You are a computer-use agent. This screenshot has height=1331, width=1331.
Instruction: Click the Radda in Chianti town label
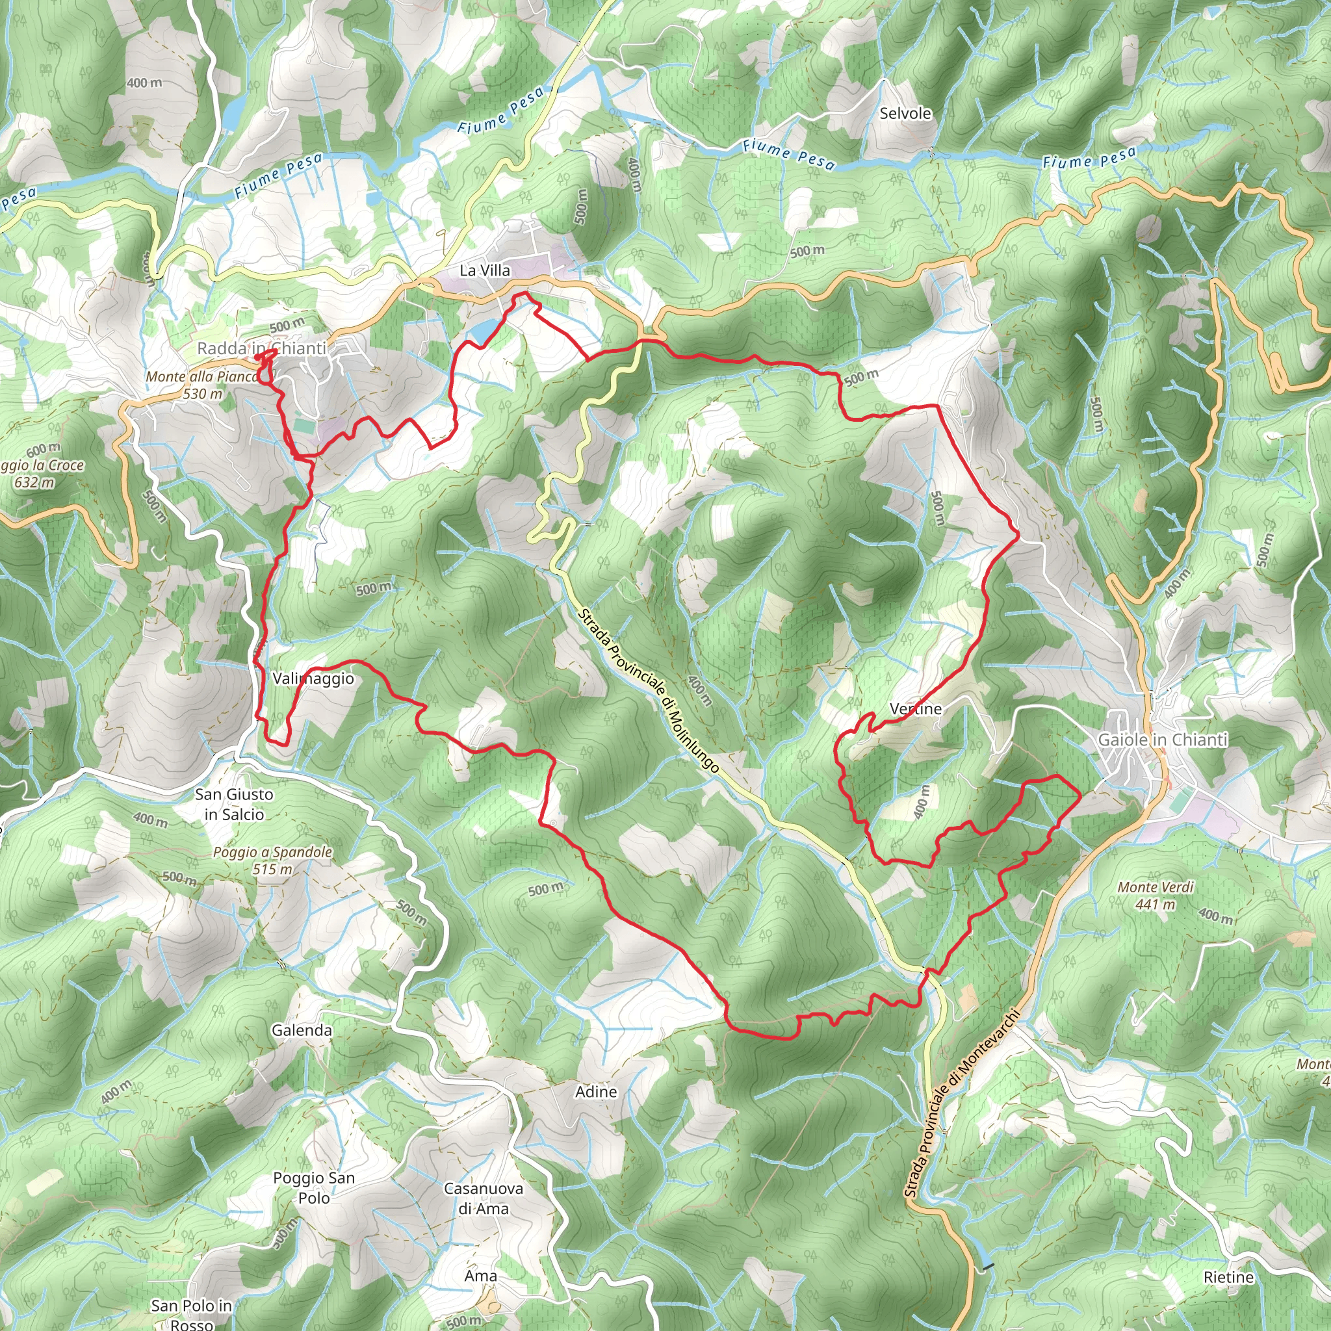pyautogui.click(x=262, y=348)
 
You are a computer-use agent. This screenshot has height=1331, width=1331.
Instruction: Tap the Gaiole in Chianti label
pyautogui.click(x=1163, y=740)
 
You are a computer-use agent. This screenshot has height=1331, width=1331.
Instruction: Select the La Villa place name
pyautogui.click(x=485, y=271)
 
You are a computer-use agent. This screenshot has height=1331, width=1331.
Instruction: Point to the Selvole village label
pyautogui.click(x=905, y=114)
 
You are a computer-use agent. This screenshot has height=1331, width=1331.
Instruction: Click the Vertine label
pyautogui.click(x=916, y=709)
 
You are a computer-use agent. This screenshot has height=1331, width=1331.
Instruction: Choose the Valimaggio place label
pyautogui.click(x=313, y=678)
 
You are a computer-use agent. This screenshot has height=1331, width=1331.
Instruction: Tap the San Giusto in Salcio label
pyautogui.click(x=234, y=804)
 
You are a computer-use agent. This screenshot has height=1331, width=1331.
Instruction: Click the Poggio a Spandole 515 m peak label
pyautogui.click(x=273, y=860)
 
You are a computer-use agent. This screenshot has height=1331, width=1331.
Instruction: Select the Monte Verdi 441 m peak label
pyautogui.click(x=1156, y=895)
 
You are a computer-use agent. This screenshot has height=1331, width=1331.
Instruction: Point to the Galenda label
pyautogui.click(x=302, y=1031)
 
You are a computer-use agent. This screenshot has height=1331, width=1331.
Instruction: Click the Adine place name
pyautogui.click(x=597, y=1092)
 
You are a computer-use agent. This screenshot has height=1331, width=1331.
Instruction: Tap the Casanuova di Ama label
pyautogui.click(x=484, y=1198)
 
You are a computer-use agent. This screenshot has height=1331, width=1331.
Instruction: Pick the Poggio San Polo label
pyautogui.click(x=314, y=1188)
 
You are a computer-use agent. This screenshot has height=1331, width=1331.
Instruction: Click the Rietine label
pyautogui.click(x=1229, y=1277)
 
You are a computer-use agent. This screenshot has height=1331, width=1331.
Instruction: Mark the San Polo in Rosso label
pyautogui.click(x=192, y=1312)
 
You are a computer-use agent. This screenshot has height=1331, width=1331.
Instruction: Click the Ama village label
pyautogui.click(x=481, y=1276)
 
